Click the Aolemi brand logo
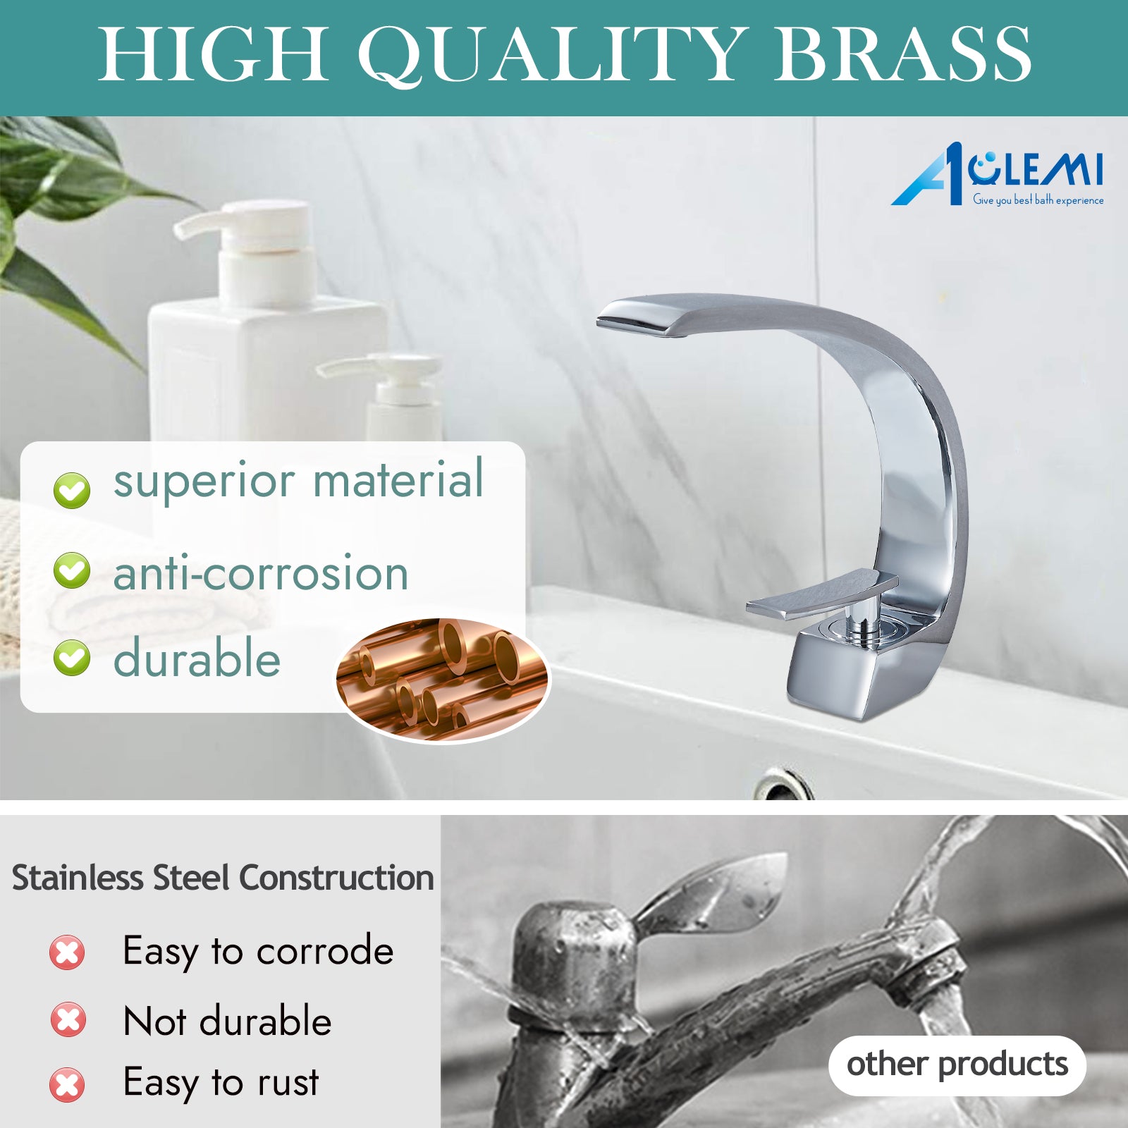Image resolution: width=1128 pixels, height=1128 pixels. click(997, 175)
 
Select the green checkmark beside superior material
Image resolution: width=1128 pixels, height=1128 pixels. click(72, 489)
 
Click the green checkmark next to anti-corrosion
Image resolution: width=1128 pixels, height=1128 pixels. click(72, 570)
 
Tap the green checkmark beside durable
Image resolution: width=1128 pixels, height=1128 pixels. click(72, 657)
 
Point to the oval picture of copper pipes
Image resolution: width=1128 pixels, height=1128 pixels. click(442, 680)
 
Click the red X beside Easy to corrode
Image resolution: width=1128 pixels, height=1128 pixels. click(67, 952)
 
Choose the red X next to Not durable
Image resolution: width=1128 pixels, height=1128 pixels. click(68, 1019)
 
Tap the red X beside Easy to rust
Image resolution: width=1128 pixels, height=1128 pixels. click(67, 1084)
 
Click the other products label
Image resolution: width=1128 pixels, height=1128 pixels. click(957, 1065)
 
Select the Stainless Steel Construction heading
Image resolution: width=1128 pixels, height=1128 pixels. click(223, 878)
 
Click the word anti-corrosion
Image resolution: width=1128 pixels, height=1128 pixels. click(261, 572)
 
